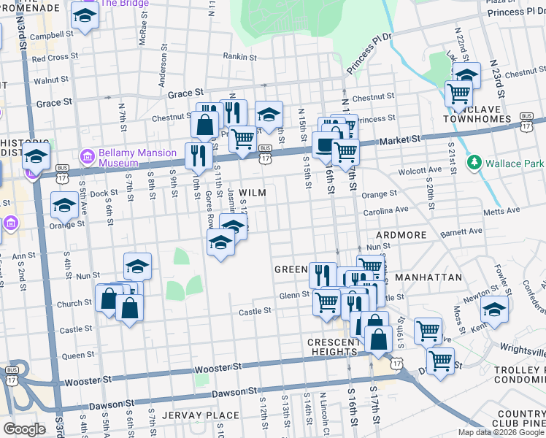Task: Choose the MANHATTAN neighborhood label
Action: [x=428, y=278]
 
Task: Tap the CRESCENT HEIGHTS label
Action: [x=331, y=347]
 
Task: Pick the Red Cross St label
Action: [x=49, y=58]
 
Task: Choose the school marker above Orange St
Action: [x=64, y=207]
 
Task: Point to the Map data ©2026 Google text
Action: [x=500, y=431]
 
